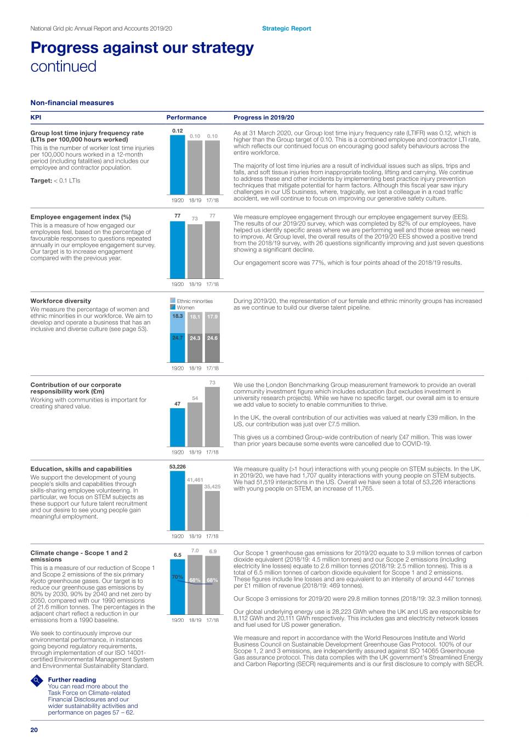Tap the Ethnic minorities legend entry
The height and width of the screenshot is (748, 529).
click(x=194, y=301)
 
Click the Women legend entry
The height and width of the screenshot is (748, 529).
click(x=185, y=307)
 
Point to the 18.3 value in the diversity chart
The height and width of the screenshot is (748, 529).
click(x=178, y=316)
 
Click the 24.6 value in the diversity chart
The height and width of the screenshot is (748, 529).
click(x=212, y=338)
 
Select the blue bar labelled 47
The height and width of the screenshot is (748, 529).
click(x=178, y=427)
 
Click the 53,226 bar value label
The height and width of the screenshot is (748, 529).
click(x=178, y=467)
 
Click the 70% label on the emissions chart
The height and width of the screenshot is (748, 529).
click(x=177, y=577)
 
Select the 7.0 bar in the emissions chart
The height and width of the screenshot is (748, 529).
click(x=195, y=584)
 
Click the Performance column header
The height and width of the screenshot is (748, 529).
click(x=186, y=117)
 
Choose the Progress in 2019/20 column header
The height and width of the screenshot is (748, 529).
click(x=264, y=117)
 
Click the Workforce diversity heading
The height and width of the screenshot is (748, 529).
click(x=61, y=301)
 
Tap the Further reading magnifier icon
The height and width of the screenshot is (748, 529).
click(x=37, y=681)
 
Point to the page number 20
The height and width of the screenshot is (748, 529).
click(x=34, y=730)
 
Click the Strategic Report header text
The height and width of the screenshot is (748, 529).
click(x=286, y=28)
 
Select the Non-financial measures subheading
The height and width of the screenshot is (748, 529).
click(x=72, y=102)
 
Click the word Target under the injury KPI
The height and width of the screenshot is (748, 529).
click(x=41, y=180)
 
